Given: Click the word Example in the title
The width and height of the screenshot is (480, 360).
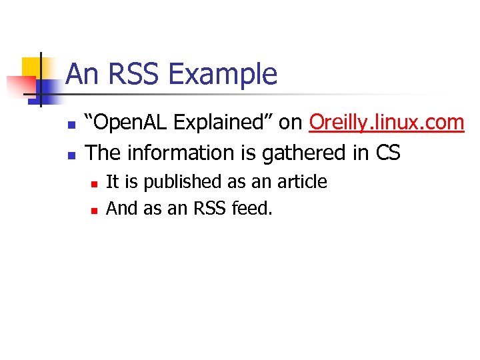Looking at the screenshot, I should pos(223,74).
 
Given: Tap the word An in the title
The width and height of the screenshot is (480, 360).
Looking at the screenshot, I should pos(81,74).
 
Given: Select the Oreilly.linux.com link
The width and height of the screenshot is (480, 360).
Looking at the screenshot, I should pos(387,123).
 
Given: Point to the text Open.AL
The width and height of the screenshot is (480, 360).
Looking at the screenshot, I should pos(130,123).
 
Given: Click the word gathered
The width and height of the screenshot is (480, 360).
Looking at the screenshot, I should pos(309,153).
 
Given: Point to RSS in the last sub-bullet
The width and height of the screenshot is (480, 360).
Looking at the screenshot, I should pos(210,209).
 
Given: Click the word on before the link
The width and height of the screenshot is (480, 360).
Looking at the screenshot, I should pos(291,123).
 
